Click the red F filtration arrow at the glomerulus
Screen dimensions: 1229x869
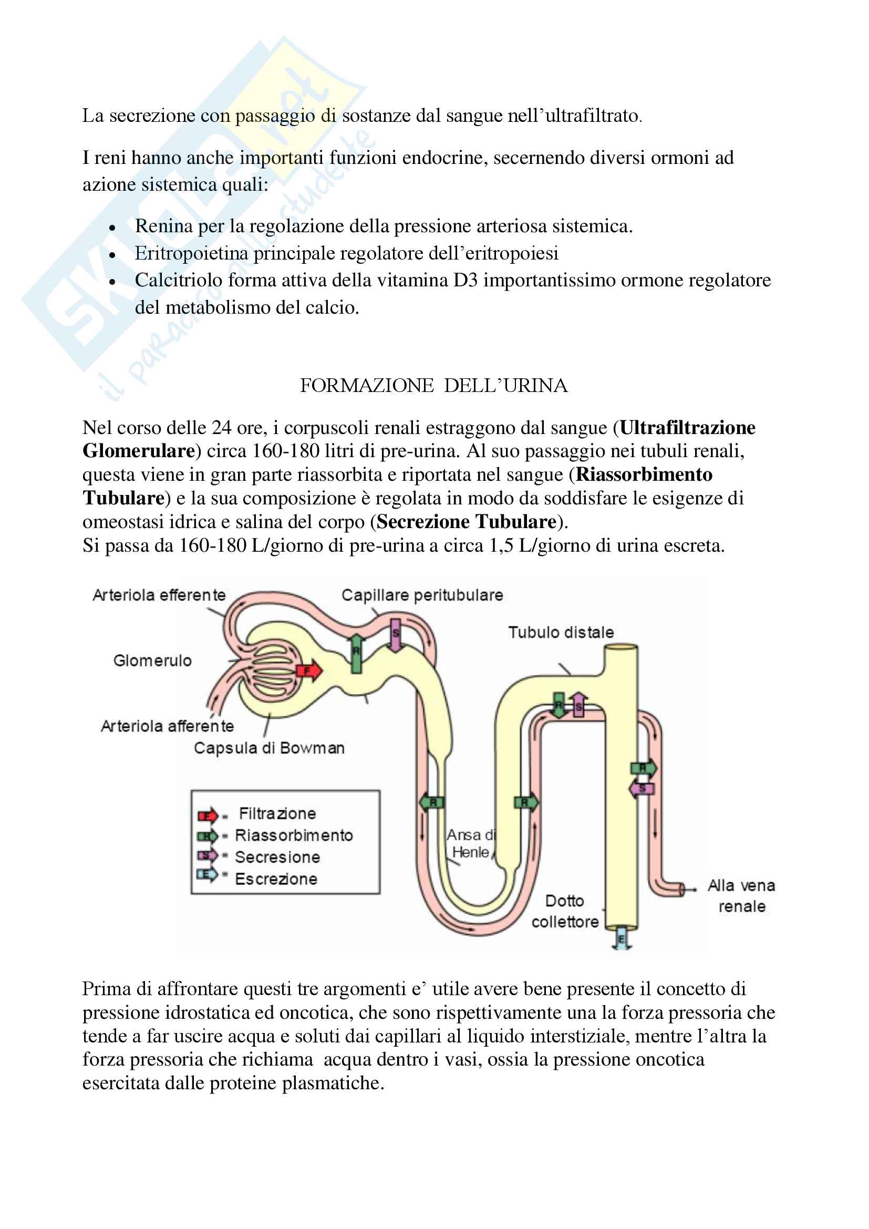coord(309,671)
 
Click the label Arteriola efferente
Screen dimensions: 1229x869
coord(159,595)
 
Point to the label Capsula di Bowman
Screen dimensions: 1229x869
coord(268,748)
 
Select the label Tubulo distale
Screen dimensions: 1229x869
coord(561,632)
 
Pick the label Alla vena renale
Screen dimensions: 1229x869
coord(741,895)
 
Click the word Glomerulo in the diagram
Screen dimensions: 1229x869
coord(152,660)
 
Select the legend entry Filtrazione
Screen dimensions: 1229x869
coord(277,813)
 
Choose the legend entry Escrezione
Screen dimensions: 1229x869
coord(276,879)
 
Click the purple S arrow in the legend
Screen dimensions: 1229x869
coord(207,856)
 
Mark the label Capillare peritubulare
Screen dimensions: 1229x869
coord(422,595)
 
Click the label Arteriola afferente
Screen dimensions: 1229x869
coord(168,726)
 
